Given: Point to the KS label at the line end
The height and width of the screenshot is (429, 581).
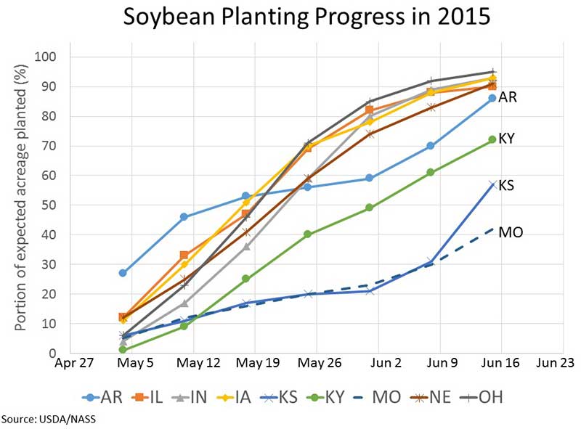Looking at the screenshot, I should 507,186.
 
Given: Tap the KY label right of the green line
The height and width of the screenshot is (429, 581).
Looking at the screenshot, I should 507,138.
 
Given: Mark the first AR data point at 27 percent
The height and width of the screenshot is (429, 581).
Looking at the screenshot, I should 123,273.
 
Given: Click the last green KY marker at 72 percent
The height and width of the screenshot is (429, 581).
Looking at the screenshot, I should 492,139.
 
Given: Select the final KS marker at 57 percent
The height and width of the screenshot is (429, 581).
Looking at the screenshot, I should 492,184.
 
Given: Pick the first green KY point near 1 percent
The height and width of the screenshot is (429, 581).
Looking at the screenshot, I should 123,350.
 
